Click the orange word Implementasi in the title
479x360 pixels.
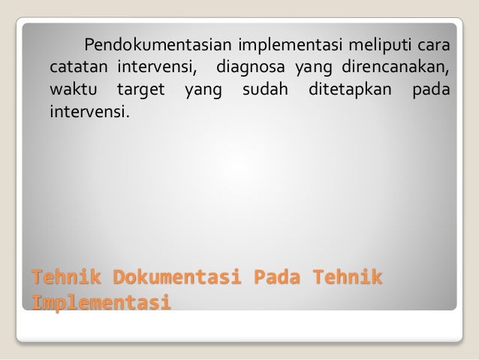click(98, 303)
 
